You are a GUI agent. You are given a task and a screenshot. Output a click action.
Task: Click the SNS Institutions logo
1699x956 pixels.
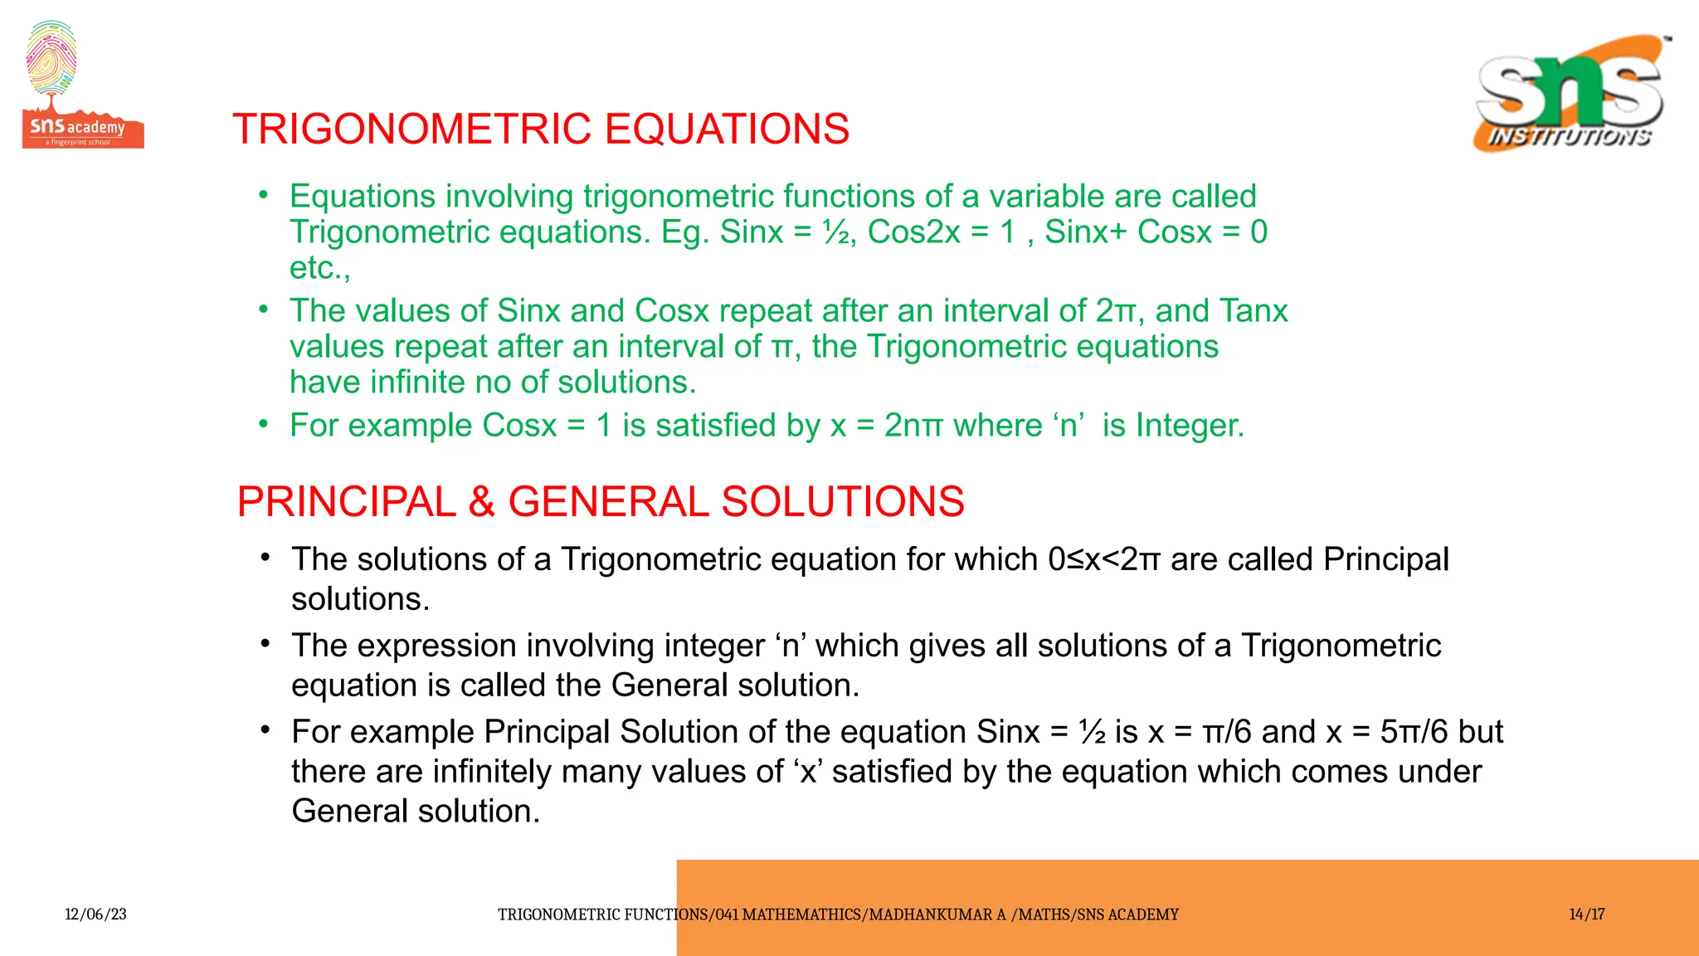pos(1570,94)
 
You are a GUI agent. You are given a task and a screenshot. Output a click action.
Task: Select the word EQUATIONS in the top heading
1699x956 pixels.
pos(727,129)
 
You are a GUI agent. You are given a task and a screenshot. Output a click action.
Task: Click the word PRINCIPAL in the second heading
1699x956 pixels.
pos(346,502)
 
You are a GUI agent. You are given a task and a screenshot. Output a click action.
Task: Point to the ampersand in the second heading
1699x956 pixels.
pos(481,502)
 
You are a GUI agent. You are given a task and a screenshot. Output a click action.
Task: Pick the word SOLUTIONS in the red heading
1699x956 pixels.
pos(842,502)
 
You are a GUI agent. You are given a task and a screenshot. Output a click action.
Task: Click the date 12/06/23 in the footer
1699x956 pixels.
pos(95,915)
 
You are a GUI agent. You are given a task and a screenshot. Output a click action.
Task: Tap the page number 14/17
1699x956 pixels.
pos(1586,915)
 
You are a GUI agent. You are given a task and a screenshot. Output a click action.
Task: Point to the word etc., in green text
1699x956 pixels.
pos(320,268)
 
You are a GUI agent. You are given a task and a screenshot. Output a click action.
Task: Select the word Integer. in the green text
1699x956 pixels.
pos(1190,426)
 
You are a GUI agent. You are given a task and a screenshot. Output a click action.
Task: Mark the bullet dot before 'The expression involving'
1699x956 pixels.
pos(265,644)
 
